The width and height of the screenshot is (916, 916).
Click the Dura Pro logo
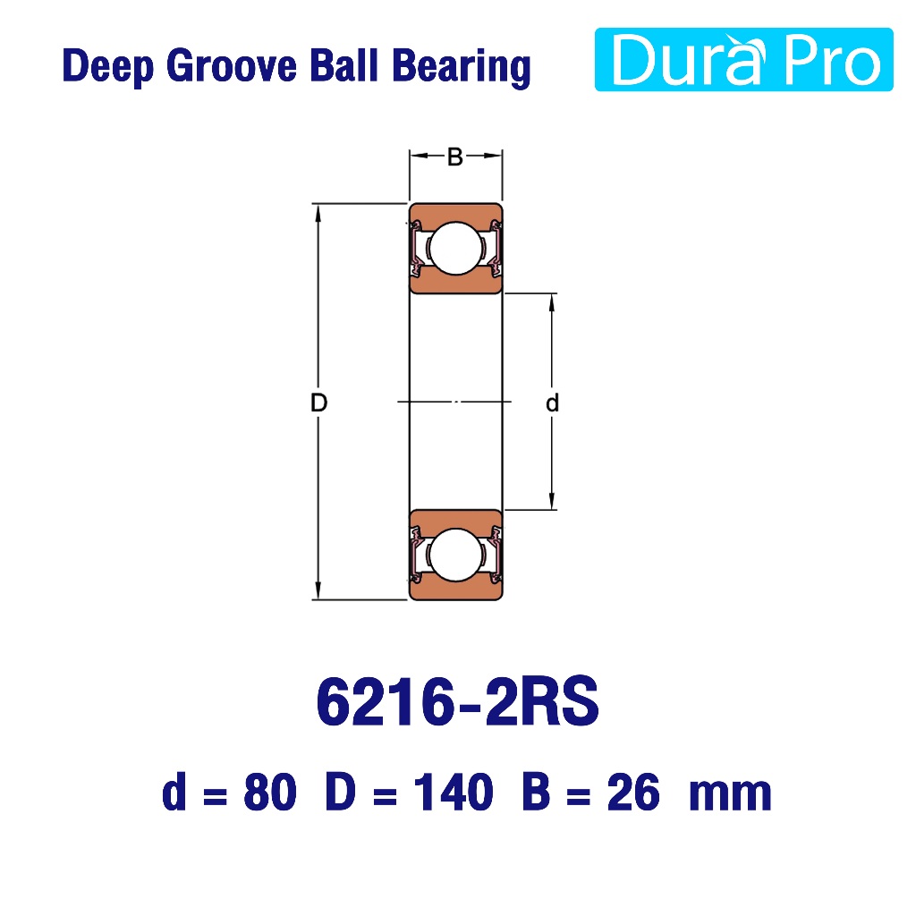tap(743, 60)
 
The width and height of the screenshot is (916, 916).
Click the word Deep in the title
tap(108, 66)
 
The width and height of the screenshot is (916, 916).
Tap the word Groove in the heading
tap(232, 65)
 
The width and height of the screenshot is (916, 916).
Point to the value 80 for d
tap(270, 793)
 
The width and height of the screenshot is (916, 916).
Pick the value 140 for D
tap(454, 793)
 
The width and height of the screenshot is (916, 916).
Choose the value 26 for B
tap(633, 793)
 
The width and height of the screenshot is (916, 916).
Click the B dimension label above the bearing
tap(455, 157)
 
